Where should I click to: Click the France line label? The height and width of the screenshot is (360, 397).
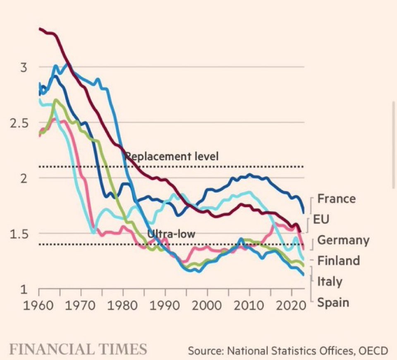pyautogui.click(x=336, y=199)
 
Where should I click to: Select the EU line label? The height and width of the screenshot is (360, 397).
pyautogui.click(x=321, y=219)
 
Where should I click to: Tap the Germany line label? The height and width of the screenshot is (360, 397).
pyautogui.click(x=343, y=240)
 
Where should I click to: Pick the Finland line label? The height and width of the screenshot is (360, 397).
pyautogui.click(x=338, y=261)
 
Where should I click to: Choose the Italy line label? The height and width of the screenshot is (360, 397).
pyautogui.click(x=330, y=282)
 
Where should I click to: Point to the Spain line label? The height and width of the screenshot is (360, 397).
pyautogui.click(x=333, y=303)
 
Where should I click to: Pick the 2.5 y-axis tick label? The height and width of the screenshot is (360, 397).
pyautogui.click(x=19, y=123)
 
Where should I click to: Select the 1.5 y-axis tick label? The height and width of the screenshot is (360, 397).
pyautogui.click(x=19, y=234)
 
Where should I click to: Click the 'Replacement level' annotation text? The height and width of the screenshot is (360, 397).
pyautogui.click(x=171, y=156)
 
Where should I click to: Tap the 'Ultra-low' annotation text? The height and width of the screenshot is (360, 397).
pyautogui.click(x=171, y=234)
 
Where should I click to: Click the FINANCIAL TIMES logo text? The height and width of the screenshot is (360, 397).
pyautogui.click(x=78, y=349)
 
